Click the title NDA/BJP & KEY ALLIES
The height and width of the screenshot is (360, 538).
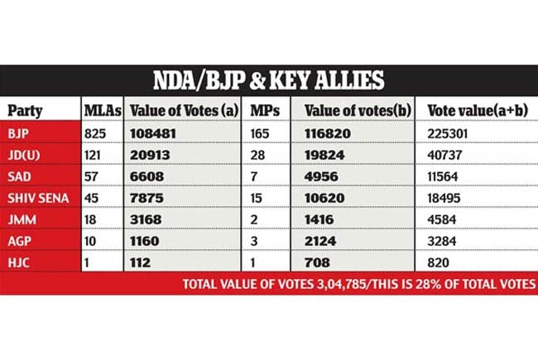(x=268, y=80)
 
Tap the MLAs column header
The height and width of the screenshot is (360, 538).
(x=102, y=109)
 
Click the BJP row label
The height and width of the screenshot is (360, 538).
(x=18, y=132)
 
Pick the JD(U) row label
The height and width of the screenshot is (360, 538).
(x=23, y=154)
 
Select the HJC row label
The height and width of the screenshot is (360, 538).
(x=18, y=262)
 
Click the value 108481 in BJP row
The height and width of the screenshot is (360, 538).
(x=156, y=132)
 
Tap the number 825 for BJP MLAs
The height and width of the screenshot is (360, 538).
(x=95, y=132)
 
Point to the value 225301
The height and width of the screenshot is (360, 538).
(x=449, y=132)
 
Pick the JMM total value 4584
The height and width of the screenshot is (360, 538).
(x=443, y=218)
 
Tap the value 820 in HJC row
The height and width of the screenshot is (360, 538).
(x=439, y=262)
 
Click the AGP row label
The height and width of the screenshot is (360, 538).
(x=19, y=240)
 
